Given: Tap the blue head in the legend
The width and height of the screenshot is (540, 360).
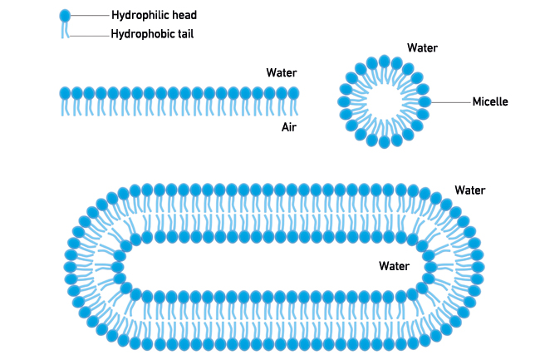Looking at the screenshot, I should coord(65,15).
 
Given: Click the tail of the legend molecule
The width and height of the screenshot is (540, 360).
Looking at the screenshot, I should coord(65,30).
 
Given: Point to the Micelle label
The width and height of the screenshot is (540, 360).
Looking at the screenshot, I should coord(489,102).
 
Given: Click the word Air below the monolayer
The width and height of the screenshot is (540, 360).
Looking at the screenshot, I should coord(289,127).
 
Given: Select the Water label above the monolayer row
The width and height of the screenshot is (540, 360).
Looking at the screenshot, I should coord(281,73).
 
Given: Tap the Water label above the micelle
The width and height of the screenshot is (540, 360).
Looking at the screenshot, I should coord(422,47).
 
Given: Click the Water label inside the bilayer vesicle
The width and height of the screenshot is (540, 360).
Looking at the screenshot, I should coord(394,267).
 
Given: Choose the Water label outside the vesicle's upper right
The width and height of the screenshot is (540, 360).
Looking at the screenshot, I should coord(469,190).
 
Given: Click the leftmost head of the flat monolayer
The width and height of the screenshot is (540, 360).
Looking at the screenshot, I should coord(64,93).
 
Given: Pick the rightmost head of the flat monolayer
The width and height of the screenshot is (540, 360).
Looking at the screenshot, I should coord(292,93).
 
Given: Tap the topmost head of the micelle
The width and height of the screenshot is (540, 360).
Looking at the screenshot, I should coord(384,61).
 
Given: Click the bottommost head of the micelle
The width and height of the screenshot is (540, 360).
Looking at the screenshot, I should coord(384,141).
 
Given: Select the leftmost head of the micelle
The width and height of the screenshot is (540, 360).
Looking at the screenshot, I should coord(344,101).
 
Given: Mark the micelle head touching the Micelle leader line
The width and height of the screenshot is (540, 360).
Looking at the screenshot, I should coord(425,101).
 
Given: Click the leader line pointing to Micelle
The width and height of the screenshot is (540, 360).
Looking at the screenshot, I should coord(449,102).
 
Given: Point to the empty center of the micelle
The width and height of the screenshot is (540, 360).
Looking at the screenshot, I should coord(384,101).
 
